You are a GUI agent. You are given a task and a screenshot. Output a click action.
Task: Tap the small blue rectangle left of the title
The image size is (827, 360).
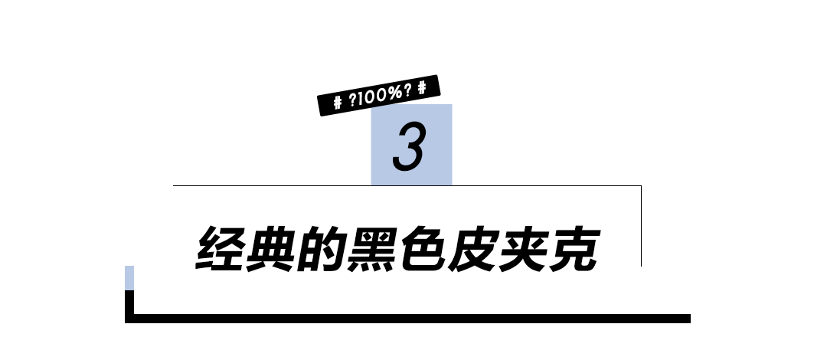pyautogui.click(x=129, y=277)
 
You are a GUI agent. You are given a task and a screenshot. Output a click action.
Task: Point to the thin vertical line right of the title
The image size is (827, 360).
pyautogui.click(x=640, y=226)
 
